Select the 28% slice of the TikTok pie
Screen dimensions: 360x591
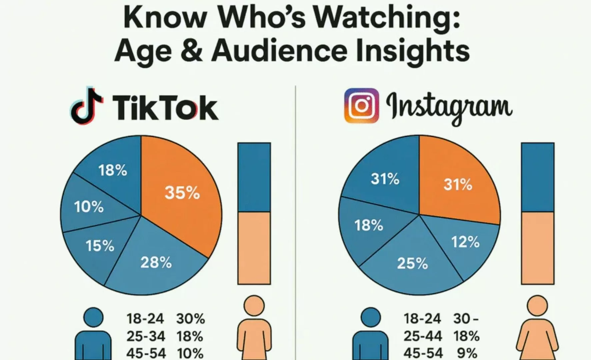[x=156, y=262]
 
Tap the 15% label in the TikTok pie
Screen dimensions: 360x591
[x=100, y=246]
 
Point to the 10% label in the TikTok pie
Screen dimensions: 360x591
[x=89, y=207]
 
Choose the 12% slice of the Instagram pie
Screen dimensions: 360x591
[x=465, y=242]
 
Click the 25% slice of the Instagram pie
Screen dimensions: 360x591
[x=412, y=263]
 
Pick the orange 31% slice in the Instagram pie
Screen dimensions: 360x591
[x=458, y=184]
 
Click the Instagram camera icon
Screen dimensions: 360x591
[x=361, y=106]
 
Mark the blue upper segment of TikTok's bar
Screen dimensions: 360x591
[x=254, y=177]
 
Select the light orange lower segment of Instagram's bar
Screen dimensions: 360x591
[x=537, y=248]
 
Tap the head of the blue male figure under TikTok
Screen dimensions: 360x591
[x=94, y=317]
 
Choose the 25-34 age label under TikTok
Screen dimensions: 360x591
[x=146, y=336]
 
